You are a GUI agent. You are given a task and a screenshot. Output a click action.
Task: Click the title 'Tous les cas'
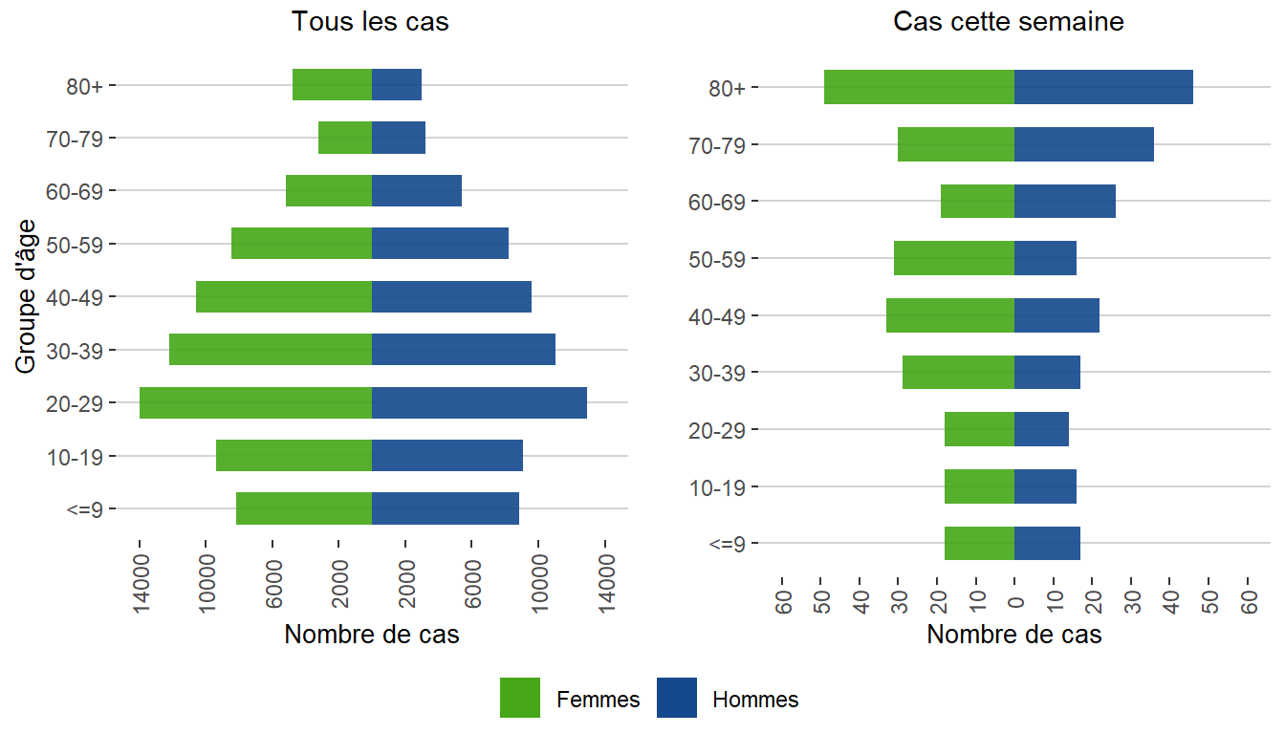click(370, 22)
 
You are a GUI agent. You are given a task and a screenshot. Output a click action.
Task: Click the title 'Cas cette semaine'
click(1009, 22)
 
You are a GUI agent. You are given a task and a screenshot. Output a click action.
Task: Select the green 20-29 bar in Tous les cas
click(255, 402)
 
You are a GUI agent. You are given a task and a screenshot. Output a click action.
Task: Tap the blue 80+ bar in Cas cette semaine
click(1103, 87)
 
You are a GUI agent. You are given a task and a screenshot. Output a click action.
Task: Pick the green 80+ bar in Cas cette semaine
click(919, 87)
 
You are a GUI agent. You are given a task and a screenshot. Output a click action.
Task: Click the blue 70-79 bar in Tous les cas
click(399, 138)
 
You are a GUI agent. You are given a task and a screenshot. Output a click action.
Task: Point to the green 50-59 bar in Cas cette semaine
click(954, 258)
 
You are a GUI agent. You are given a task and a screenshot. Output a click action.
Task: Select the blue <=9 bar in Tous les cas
click(446, 508)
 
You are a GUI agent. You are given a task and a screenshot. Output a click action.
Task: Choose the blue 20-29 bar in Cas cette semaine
click(1041, 429)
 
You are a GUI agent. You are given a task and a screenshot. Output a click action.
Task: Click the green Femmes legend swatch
click(520, 698)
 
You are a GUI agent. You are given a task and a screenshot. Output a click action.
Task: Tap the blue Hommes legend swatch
click(677, 698)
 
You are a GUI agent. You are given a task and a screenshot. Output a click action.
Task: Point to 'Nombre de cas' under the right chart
click(1014, 635)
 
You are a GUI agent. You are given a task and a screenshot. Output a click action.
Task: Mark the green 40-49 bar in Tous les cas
click(284, 296)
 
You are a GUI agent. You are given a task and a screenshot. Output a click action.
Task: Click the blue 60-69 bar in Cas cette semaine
click(1065, 202)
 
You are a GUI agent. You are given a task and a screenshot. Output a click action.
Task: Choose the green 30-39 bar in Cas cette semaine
click(958, 372)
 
